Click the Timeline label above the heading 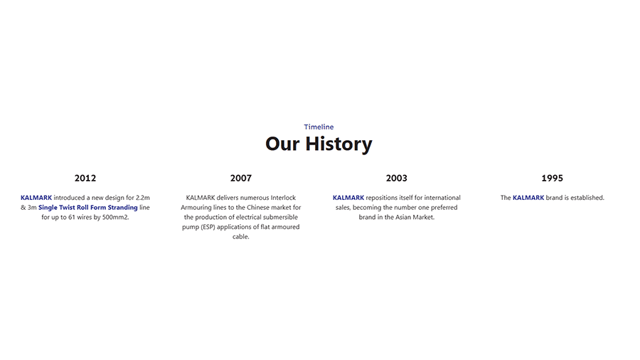click(319, 127)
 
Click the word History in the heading click(338, 144)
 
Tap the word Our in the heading click(283, 144)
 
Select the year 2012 click(85, 178)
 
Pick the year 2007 click(241, 178)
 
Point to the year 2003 click(397, 178)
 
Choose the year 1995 click(552, 178)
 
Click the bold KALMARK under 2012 click(36, 198)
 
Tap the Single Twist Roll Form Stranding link click(88, 208)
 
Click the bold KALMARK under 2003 click(348, 198)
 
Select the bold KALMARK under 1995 click(528, 198)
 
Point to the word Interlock click(283, 198)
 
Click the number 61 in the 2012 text click(70, 217)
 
